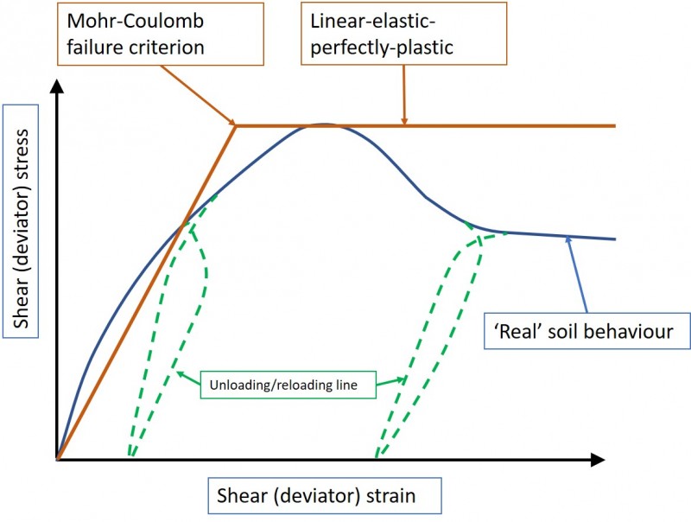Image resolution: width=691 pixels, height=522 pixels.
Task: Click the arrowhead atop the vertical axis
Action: click(x=57, y=86)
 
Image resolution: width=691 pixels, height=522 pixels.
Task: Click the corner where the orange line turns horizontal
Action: click(x=236, y=125)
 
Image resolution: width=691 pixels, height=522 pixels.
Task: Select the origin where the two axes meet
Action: click(x=57, y=457)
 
